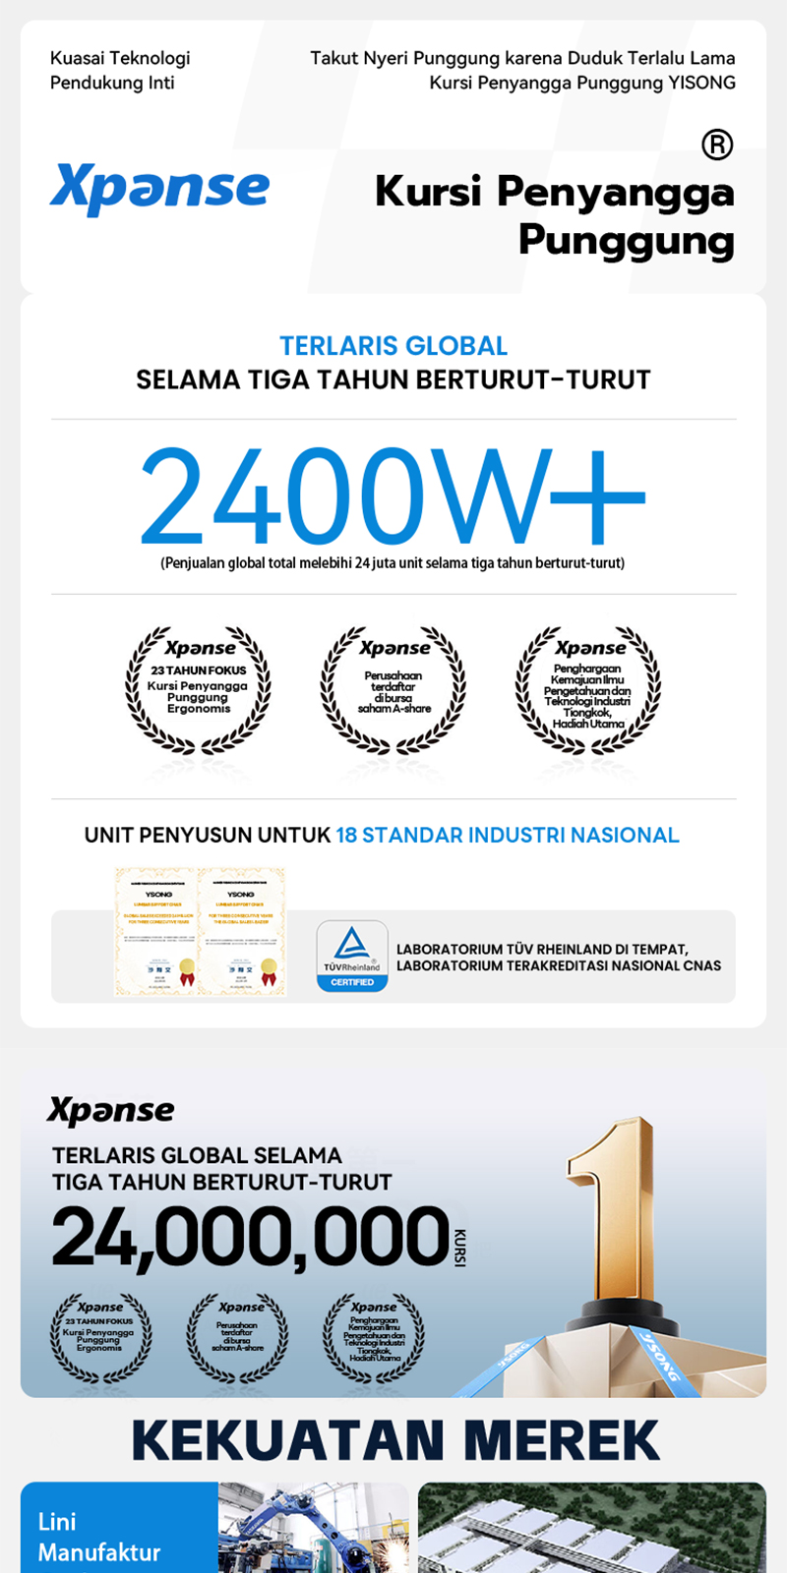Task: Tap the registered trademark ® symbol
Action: (717, 146)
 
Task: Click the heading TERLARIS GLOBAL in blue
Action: (393, 346)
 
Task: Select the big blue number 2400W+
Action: (393, 495)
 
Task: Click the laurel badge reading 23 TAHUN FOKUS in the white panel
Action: (198, 689)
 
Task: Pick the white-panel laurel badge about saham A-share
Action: (393, 689)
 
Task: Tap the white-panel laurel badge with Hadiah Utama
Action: (588, 689)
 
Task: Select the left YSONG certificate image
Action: (157, 932)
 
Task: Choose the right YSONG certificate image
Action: (242, 932)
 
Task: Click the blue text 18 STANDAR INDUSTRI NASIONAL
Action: (508, 836)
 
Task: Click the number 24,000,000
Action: (251, 1237)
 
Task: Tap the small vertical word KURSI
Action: (460, 1247)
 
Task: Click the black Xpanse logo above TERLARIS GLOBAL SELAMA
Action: (110, 1111)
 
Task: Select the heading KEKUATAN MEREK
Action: (394, 1440)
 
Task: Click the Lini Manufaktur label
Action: (98, 1537)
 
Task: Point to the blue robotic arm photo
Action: (313, 1529)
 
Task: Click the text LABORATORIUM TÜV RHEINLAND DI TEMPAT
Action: (542, 950)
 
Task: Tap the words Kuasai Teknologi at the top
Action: (120, 58)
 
